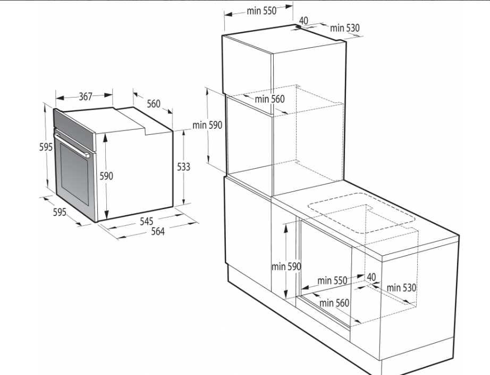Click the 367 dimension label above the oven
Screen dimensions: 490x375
click(x=86, y=97)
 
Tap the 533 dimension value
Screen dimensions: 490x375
click(x=183, y=167)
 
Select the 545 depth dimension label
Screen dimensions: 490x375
click(x=146, y=221)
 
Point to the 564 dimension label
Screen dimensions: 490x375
click(x=158, y=231)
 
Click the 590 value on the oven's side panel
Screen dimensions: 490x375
click(x=106, y=176)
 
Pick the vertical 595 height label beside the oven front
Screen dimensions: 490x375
click(x=46, y=146)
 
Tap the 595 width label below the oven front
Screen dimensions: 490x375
click(x=60, y=212)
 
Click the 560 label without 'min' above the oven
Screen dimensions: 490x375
click(x=154, y=103)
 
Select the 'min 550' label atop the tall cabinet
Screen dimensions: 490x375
click(x=261, y=11)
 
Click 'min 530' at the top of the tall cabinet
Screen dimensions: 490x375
click(x=345, y=28)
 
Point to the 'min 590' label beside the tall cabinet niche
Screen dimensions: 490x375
click(x=207, y=125)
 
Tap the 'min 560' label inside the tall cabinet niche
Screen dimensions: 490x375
click(x=269, y=99)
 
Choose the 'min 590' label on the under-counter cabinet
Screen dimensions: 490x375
click(x=286, y=267)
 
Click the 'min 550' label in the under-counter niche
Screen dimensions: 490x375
click(x=332, y=281)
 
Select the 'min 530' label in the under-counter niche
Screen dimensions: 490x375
click(x=402, y=287)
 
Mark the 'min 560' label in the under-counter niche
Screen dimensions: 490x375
click(x=334, y=303)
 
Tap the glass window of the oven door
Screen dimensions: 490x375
click(x=75, y=170)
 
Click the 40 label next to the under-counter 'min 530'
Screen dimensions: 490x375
click(x=371, y=277)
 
